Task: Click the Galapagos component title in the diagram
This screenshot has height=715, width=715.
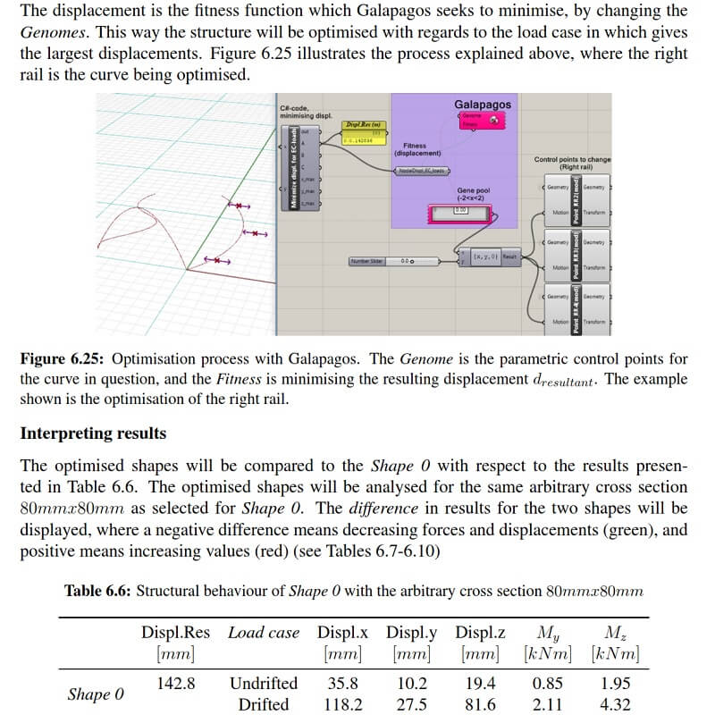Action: pyautogui.click(x=483, y=105)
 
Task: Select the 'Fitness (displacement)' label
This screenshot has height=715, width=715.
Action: pyautogui.click(x=415, y=148)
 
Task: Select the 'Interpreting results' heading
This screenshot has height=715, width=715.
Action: pyautogui.click(x=93, y=433)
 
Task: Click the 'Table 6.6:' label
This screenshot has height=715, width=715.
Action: pyautogui.click(x=97, y=591)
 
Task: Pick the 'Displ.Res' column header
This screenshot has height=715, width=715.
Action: pyautogui.click(x=175, y=633)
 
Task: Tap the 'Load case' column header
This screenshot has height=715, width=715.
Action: pyautogui.click(x=264, y=633)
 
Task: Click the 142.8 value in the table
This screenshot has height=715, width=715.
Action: pyautogui.click(x=176, y=684)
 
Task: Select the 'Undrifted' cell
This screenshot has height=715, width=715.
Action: pyautogui.click(x=264, y=684)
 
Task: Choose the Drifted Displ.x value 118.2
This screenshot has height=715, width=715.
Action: pyautogui.click(x=342, y=704)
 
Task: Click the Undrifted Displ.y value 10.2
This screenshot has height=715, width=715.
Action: pyautogui.click(x=411, y=684)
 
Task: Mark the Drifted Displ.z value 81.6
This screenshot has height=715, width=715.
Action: pyautogui.click(x=480, y=704)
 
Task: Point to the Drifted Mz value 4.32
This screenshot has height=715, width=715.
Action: pyautogui.click(x=615, y=704)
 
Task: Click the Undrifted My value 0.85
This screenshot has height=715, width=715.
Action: pyautogui.click(x=548, y=684)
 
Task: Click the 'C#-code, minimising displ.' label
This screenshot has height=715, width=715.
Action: pyautogui.click(x=306, y=112)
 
